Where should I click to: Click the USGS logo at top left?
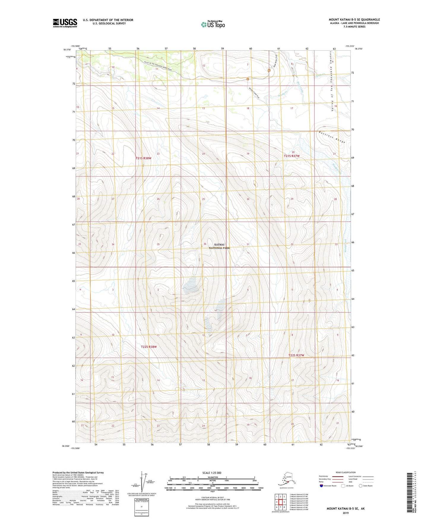point(65,23)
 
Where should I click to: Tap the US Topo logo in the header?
point(213,24)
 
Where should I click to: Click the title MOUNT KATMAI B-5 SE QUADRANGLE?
point(354,20)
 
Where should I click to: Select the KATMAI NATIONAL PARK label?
point(219,246)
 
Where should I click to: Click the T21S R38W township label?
point(143,158)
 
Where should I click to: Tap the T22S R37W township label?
point(296,356)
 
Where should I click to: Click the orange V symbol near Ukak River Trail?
point(269,71)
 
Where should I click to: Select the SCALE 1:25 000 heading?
point(212,473)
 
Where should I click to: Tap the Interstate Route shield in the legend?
point(322,486)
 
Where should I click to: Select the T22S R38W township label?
point(149,347)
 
